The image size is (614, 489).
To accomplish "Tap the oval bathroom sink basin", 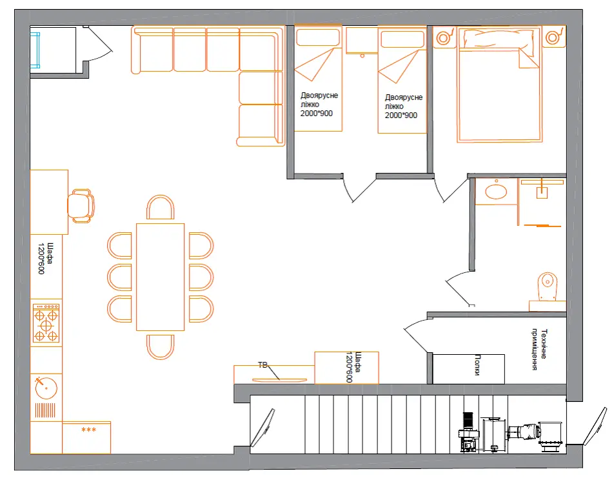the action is pos(496,192).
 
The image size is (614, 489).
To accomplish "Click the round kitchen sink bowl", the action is pos(46,388).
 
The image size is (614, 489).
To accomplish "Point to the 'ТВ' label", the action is pos(262,365).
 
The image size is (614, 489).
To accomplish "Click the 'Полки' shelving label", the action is pos(477,365).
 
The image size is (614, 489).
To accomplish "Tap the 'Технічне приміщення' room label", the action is pos(540,350).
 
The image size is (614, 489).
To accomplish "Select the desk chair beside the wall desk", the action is pos(81,206).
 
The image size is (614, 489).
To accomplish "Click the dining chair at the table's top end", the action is pos(160,207).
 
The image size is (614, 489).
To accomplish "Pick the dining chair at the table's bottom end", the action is pos(160,347).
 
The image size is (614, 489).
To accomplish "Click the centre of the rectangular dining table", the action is pos(160,277).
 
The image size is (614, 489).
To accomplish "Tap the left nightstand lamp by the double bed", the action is pos(443,38).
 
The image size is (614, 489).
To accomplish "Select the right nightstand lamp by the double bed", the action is pos(553,37).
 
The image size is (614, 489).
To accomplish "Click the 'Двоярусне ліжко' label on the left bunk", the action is pos(319,99).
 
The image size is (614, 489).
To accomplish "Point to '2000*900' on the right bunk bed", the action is pos(401,115).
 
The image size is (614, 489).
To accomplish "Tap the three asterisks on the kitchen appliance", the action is pos(88,430).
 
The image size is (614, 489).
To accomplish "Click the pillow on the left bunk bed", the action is pos(317,37).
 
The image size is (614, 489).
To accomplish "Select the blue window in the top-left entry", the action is pos(35,50).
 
